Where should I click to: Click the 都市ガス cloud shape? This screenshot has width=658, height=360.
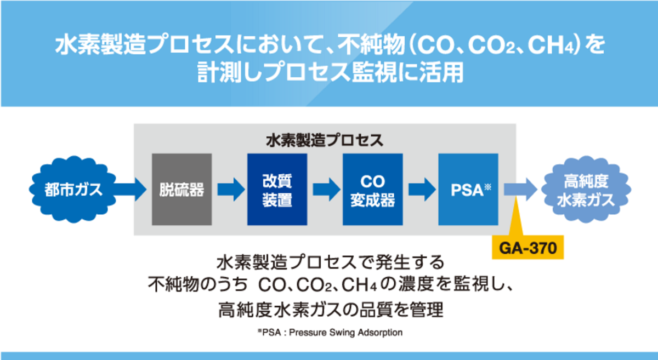coord(66,190)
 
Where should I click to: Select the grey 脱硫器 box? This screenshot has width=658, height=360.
coord(181,190)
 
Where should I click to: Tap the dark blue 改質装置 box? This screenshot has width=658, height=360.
coord(277,190)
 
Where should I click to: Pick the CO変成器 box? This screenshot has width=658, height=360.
coord(372,190)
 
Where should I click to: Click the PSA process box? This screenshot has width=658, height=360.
coord(468,190)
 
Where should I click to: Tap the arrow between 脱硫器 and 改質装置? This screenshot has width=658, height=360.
coord(229,190)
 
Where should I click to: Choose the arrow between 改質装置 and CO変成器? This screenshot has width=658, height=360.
coord(325,190)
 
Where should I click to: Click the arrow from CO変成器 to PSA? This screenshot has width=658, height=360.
coord(420,190)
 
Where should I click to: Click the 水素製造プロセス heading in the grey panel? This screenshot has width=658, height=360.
coord(325,140)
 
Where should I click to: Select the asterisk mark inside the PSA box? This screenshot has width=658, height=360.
coord(487,187)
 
